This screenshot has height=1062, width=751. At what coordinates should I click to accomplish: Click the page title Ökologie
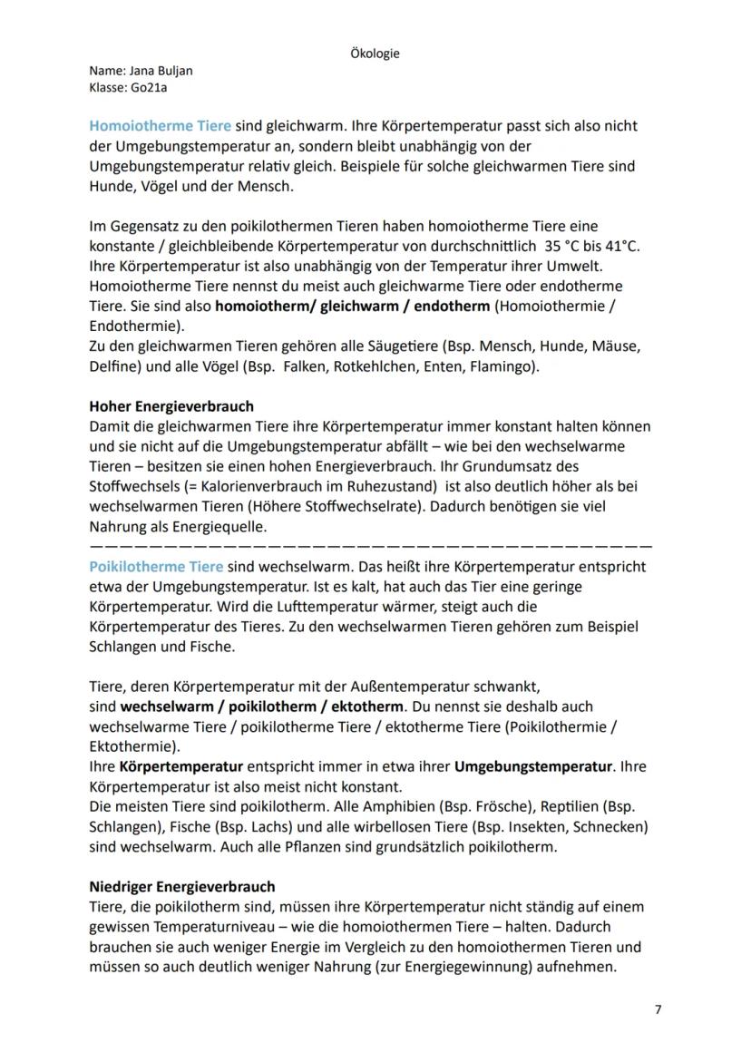click(375, 54)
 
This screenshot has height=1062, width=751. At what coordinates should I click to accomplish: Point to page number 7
click(658, 1009)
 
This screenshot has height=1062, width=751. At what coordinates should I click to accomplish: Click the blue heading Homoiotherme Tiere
click(160, 126)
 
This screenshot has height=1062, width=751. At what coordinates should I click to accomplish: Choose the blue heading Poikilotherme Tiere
click(156, 567)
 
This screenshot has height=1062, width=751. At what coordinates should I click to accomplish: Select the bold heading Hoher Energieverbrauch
click(171, 406)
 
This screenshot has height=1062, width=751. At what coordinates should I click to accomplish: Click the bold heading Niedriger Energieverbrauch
click(182, 886)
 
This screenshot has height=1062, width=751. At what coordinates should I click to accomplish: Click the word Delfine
click(112, 365)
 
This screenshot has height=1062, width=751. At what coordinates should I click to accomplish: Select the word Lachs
click(273, 827)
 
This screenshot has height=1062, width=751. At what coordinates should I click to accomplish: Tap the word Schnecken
click(614, 827)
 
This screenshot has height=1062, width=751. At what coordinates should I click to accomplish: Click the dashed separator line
click(371, 547)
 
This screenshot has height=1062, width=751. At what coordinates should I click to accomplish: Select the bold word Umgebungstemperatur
click(532, 767)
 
